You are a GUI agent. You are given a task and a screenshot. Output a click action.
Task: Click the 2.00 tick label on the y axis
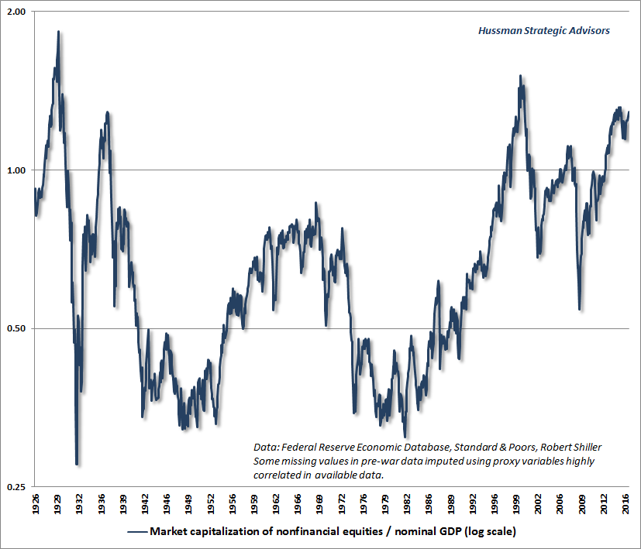15,12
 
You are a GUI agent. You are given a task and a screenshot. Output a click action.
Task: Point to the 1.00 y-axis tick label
15,170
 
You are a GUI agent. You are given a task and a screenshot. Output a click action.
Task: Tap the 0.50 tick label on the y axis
15,329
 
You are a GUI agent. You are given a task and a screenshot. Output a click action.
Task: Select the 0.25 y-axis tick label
15,487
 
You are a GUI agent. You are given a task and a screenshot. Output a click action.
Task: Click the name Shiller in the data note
584,447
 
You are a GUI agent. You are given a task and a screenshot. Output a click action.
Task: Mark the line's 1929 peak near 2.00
58,32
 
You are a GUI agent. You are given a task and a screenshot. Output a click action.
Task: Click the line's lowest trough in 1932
77,464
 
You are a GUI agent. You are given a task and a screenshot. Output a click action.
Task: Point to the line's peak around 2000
520,76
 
